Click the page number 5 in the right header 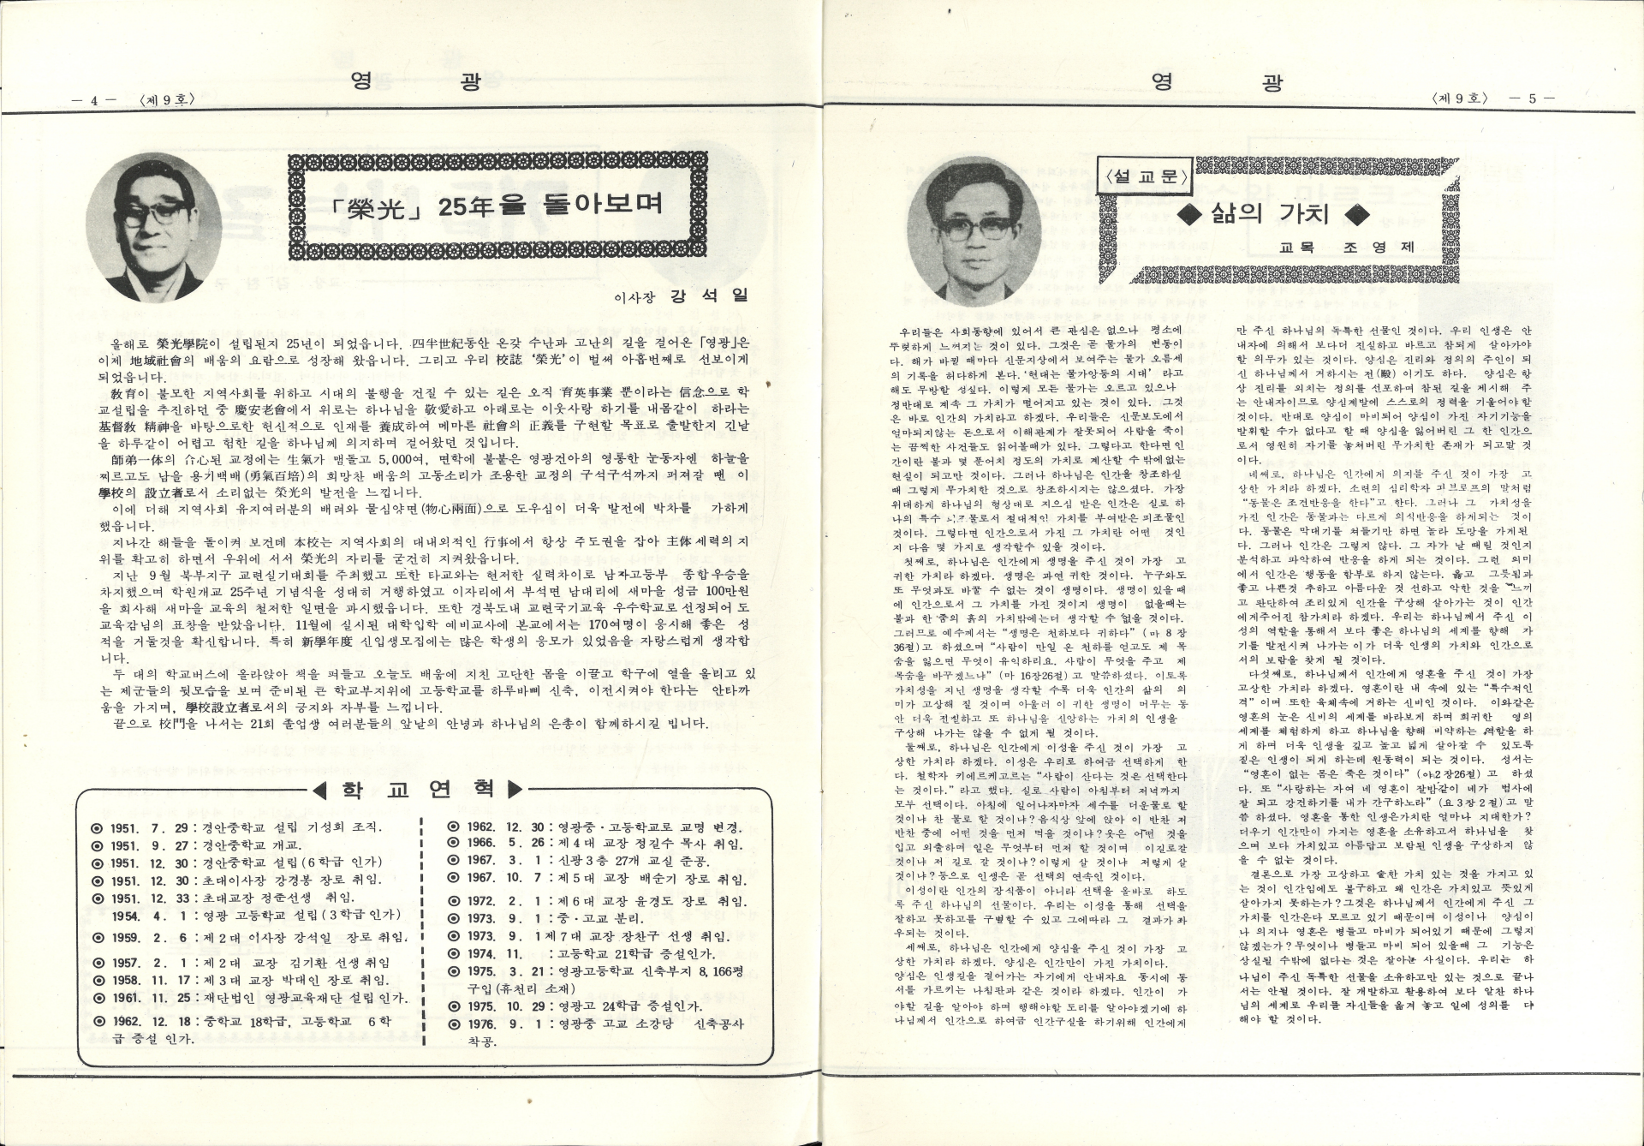click(x=1533, y=98)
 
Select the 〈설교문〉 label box click(x=1146, y=177)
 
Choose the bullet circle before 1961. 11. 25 click(x=97, y=999)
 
